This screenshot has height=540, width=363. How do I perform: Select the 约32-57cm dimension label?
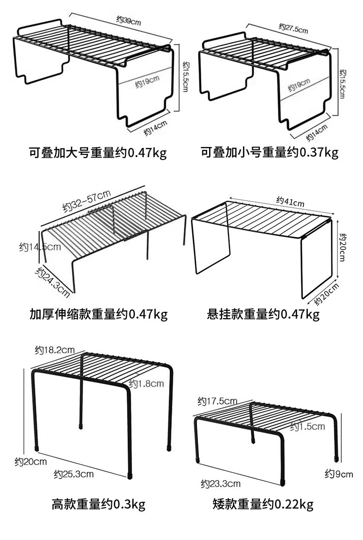coord(87,201)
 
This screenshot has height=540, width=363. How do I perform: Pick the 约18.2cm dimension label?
coord(54,350)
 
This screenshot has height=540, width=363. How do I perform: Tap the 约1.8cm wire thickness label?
coord(146,384)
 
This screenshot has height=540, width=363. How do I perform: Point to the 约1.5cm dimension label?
coord(307,426)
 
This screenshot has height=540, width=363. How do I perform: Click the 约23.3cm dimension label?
coord(221,483)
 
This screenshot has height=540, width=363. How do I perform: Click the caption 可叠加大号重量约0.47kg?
coord(98,154)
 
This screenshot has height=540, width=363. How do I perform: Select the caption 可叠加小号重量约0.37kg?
coord(270,154)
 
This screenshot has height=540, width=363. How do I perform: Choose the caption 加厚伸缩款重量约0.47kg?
coord(98,315)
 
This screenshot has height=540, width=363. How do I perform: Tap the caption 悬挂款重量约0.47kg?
coord(263,315)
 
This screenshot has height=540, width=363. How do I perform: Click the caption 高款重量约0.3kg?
coord(98,506)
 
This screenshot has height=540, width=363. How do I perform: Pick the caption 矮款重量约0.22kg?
coord(263,506)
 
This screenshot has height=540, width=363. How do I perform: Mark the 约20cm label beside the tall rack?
coord(30,462)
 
